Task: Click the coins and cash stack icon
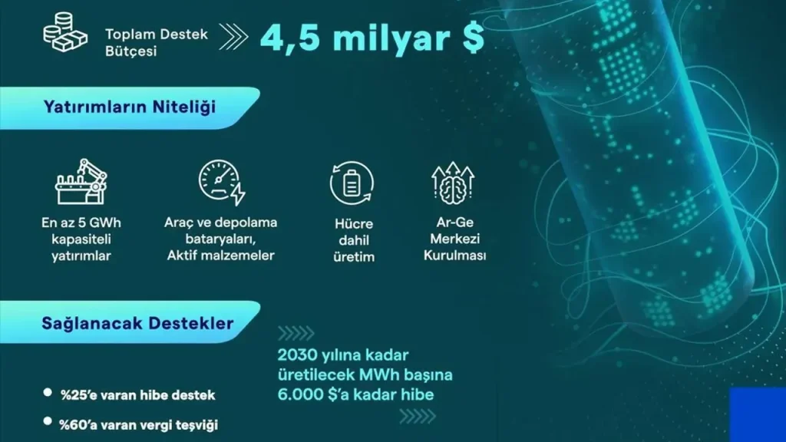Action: [x=65, y=32]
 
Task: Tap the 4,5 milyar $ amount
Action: [x=372, y=38]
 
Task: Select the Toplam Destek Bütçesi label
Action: [x=156, y=43]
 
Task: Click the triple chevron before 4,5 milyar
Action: [x=233, y=37]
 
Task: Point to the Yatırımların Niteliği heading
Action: [x=129, y=107]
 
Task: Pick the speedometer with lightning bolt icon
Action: [x=222, y=183]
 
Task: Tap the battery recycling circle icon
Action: [x=352, y=183]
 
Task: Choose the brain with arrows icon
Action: [x=453, y=183]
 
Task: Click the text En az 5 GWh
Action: [x=81, y=223]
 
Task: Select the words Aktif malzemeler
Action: [x=220, y=256]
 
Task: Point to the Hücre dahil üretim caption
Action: [x=354, y=240]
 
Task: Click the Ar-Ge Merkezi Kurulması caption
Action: [x=454, y=239]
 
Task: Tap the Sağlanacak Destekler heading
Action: [x=137, y=323]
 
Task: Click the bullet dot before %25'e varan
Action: [x=48, y=392]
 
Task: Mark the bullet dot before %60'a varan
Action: [x=48, y=421]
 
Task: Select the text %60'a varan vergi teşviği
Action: [x=138, y=425]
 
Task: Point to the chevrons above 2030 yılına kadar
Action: [x=296, y=333]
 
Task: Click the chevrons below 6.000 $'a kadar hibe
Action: [x=418, y=417]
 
